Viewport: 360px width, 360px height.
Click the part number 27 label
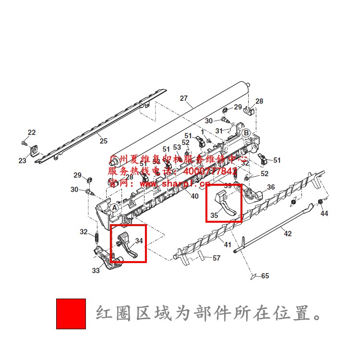184,98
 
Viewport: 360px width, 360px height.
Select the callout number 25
103,141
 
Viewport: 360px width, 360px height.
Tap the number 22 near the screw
32,132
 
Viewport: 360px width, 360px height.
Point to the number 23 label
23,161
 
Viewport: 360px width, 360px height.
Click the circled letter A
114,208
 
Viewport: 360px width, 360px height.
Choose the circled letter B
245,132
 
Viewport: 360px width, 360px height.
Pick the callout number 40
194,196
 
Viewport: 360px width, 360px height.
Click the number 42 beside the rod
288,234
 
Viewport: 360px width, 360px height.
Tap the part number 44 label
324,214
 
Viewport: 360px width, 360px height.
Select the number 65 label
265,276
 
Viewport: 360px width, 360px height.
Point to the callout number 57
216,258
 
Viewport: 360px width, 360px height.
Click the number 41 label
227,245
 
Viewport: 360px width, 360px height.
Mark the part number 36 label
271,187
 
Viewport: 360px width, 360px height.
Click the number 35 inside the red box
214,216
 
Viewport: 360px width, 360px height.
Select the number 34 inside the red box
139,240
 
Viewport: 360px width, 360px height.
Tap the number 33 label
96,271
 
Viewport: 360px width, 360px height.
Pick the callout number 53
177,147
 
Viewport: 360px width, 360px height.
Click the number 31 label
219,131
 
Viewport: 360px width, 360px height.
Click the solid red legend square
71,313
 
